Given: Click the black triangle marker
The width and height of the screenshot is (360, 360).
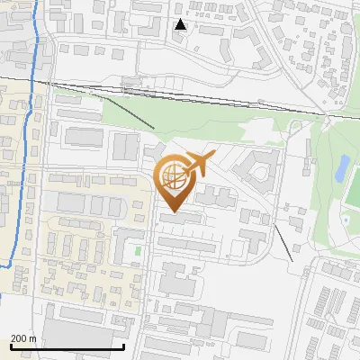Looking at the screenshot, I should coord(181,24).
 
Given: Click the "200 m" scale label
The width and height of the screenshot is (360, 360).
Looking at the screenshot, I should coord(22,337).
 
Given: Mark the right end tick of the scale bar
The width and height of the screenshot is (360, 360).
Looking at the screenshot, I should coord(123,346).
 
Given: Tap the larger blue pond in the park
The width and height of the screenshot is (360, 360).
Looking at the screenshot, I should coord(343,166).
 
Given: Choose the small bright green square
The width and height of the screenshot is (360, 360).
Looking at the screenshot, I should coord(138,250).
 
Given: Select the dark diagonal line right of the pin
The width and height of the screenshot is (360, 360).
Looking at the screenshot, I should coord(283,243).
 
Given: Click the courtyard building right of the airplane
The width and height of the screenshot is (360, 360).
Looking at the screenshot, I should coord(256,169).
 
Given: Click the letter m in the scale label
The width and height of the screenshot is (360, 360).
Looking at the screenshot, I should coord(31,337).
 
